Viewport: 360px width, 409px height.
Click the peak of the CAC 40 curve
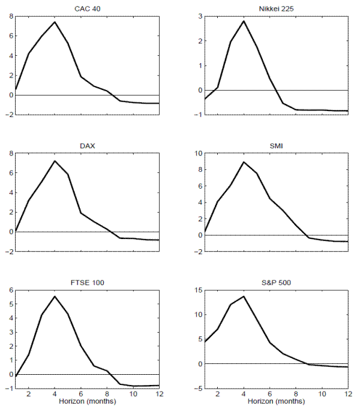[55, 22]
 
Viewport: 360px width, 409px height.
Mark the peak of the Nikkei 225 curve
[244, 21]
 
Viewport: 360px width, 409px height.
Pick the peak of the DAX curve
[55, 160]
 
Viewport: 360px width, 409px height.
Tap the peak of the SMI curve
[244, 162]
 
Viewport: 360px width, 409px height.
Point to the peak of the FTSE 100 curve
[55, 296]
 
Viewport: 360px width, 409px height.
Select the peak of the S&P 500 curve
[244, 296]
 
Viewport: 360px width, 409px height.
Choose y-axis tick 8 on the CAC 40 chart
[11, 16]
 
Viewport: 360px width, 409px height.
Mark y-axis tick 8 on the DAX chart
[11, 153]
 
